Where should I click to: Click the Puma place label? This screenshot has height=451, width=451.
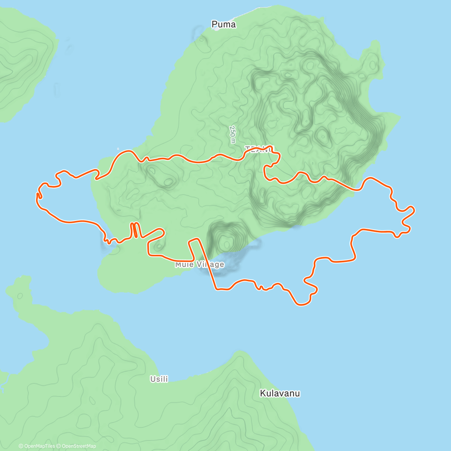click(x=224, y=24)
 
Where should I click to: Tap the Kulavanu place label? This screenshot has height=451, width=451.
click(x=280, y=393)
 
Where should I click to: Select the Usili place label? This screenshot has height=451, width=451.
click(x=159, y=379)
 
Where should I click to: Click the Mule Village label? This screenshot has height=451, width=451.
click(x=200, y=265)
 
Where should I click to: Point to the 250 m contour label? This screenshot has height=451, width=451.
click(x=233, y=134)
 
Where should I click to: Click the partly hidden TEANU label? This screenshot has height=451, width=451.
click(x=259, y=149)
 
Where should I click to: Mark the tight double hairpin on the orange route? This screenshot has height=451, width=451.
click(x=135, y=230)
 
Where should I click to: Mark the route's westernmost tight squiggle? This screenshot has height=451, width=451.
click(x=39, y=195)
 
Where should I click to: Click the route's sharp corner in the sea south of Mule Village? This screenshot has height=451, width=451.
click(x=216, y=289)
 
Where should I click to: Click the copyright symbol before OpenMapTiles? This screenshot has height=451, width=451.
click(x=21, y=446)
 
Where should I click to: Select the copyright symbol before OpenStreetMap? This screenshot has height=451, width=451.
click(x=59, y=446)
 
